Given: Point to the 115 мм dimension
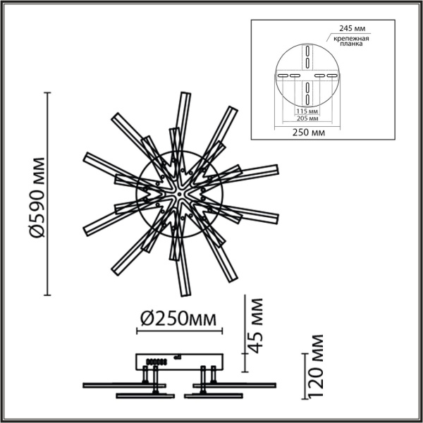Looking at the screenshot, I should tap(305, 111).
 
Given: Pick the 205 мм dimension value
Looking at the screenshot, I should tap(305, 119).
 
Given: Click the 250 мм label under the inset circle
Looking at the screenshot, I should tap(308, 132).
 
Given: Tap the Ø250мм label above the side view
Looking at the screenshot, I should tap(178, 318).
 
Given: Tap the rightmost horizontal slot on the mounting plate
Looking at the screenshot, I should tap(332, 75).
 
